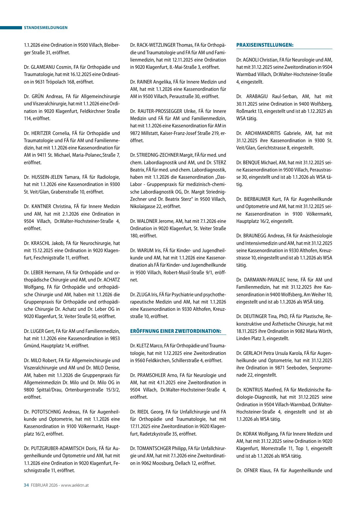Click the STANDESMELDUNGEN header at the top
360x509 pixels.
pyautogui.click(x=46, y=28)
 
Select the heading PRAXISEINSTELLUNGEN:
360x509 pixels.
pyautogui.click(x=265, y=45)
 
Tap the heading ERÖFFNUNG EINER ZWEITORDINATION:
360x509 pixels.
pyautogui.click(x=176, y=331)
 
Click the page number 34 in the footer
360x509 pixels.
pyautogui.click(x=26, y=485)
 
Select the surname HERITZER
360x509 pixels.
pyautogui.click(x=41, y=133)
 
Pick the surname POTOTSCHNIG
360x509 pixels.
pyautogui.click(x=46, y=412)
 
